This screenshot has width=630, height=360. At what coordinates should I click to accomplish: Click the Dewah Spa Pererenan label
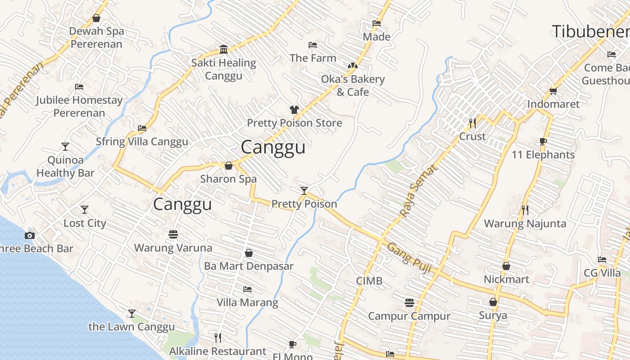click(x=96, y=38)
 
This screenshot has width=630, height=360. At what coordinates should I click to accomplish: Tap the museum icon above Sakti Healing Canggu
click(x=223, y=49)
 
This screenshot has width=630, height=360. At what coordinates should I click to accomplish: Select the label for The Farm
click(x=313, y=58)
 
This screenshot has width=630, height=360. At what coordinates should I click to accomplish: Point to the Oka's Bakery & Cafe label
click(x=353, y=85)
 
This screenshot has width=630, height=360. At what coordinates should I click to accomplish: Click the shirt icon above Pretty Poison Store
click(x=294, y=110)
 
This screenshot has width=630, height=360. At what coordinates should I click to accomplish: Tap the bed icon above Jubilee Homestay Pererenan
click(x=79, y=87)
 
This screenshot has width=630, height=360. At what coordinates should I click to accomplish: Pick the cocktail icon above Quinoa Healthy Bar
click(x=65, y=147)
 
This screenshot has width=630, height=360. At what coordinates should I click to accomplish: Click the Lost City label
click(x=85, y=223)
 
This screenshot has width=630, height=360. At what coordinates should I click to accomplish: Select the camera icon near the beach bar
click(x=30, y=235)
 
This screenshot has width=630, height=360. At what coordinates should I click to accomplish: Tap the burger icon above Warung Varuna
click(x=173, y=234)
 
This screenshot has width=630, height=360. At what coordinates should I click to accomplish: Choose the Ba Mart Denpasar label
click(x=248, y=266)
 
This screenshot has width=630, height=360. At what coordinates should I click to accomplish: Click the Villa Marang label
click(x=247, y=302)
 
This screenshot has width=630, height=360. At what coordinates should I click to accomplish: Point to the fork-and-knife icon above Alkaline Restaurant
click(x=218, y=337)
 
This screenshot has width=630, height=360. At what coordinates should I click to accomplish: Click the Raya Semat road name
click(x=418, y=191)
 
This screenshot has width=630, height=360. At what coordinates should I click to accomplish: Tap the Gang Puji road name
click(x=409, y=259)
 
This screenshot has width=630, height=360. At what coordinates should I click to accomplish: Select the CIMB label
click(x=369, y=281)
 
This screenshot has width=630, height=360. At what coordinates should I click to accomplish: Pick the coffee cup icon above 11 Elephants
click(x=543, y=142)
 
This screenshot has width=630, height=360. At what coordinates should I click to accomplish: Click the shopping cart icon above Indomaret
click(x=553, y=91)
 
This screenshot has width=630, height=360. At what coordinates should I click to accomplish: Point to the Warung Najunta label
click(x=525, y=224)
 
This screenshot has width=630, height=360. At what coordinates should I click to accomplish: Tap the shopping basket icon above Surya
click(x=493, y=302)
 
